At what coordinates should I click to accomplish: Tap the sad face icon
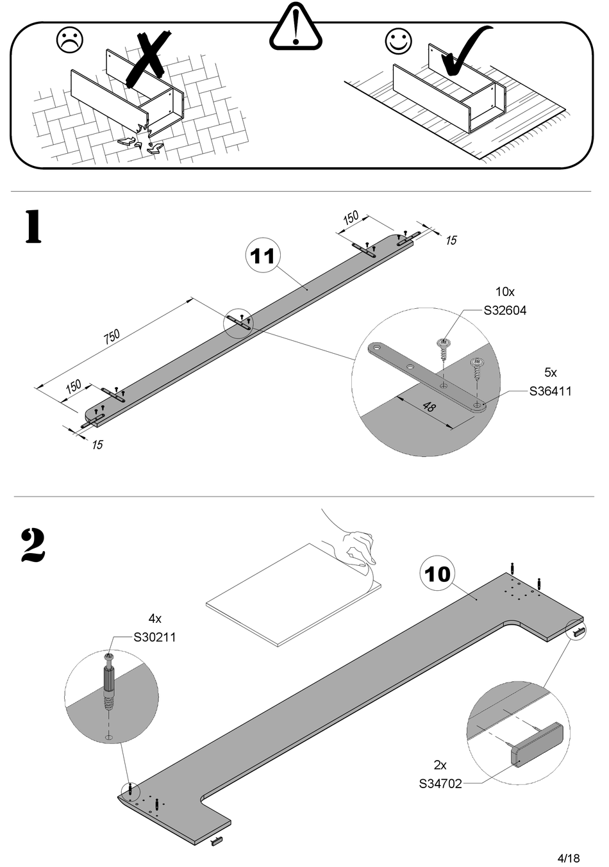tap(70, 40)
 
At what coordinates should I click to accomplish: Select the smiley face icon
tap(399, 41)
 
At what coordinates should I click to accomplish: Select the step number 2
tap(33, 545)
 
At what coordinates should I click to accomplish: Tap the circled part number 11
tap(263, 256)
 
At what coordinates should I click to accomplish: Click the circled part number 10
tap(437, 574)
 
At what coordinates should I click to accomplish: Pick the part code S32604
tap(505, 311)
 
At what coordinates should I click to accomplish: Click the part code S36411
tap(550, 391)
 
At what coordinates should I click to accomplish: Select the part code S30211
tap(154, 638)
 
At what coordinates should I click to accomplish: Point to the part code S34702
tap(440, 784)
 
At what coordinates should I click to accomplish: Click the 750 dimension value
tap(112, 336)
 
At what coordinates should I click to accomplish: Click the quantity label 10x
tap(505, 292)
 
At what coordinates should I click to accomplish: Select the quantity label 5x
tap(550, 372)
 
